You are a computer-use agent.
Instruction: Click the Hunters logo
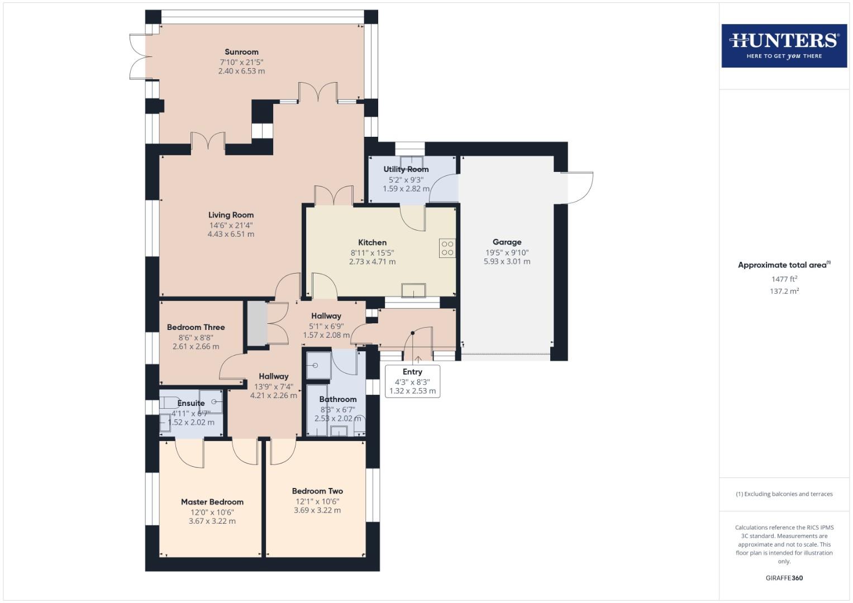[784, 45]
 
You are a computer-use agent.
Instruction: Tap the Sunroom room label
[241, 52]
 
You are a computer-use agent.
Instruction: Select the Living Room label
[231, 215]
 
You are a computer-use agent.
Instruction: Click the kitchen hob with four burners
[447, 248]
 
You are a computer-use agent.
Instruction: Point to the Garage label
[507, 242]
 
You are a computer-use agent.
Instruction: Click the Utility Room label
[406, 169]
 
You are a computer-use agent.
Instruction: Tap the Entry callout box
[412, 381]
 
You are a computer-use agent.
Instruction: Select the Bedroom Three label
[196, 327]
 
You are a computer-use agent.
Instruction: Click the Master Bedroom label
[212, 502]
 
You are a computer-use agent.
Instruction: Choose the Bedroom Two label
[317, 491]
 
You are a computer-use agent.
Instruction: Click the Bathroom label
[337, 399]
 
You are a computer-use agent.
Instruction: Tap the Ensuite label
[191, 403]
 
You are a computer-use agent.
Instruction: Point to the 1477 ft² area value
[784, 279]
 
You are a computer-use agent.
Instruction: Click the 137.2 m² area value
[784, 291]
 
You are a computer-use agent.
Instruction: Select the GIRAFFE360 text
[784, 578]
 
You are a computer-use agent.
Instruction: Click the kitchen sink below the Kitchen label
[413, 290]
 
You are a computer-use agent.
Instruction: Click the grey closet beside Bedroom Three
[257, 323]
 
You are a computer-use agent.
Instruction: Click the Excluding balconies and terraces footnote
[784, 494]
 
